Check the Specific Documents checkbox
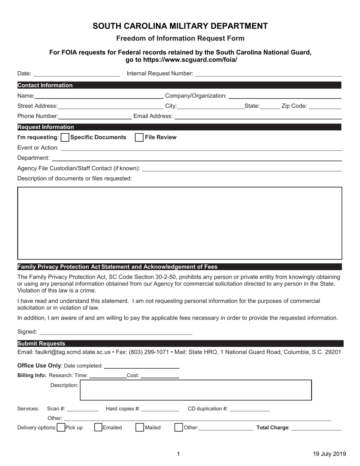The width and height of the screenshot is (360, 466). pyautogui.click(x=65, y=138)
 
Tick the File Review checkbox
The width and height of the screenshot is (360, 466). pyautogui.click(x=139, y=138)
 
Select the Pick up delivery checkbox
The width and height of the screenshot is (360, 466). pyautogui.click(x=61, y=427)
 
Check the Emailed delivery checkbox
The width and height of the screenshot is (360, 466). pyautogui.click(x=98, y=427)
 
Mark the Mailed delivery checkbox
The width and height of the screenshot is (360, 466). pyautogui.click(x=140, y=427)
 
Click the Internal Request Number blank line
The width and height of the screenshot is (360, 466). pyautogui.click(x=268, y=74)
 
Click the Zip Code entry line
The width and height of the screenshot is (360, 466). pyautogui.click(x=325, y=107)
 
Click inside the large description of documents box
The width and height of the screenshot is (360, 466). pyautogui.click(x=180, y=223)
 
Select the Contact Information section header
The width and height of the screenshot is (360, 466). pyautogui.click(x=45, y=85)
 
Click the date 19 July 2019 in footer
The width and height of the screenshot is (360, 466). pyautogui.click(x=327, y=454)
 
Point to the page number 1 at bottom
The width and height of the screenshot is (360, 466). pyautogui.click(x=178, y=454)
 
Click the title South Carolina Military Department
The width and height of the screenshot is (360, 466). pyautogui.click(x=180, y=26)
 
